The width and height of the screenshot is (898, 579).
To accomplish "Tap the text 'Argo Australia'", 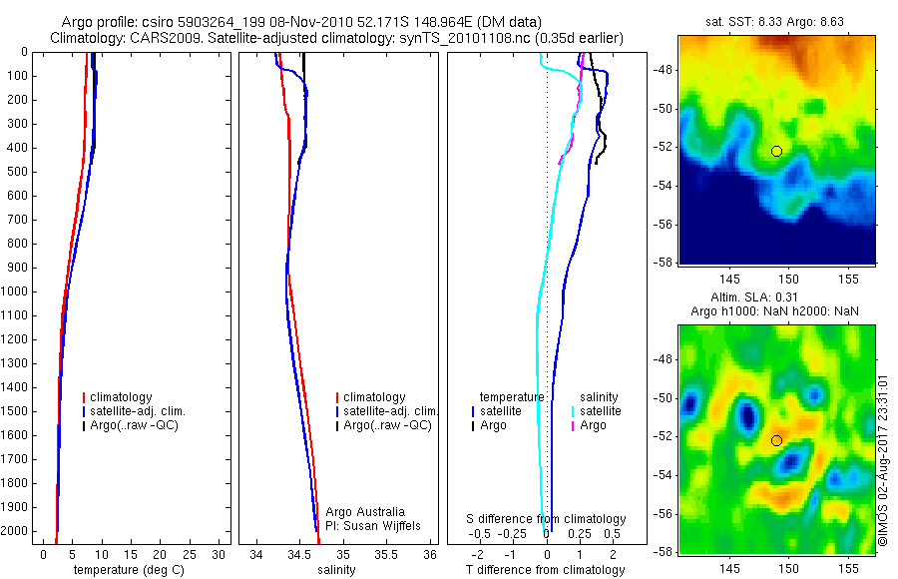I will click(365, 512).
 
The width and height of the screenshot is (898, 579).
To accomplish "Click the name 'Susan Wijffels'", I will click(381, 525).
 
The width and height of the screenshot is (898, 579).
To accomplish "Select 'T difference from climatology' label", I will click(545, 570).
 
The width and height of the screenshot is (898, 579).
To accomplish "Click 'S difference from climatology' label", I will click(547, 519).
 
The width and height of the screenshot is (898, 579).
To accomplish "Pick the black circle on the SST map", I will click(776, 151).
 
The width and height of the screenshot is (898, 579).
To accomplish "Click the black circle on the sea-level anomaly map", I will click(776, 440).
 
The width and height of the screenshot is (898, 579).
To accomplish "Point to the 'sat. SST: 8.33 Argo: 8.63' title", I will click(774, 19).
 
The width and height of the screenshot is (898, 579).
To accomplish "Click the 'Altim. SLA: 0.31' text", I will click(774, 299).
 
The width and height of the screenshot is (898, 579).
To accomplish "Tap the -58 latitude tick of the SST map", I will click(663, 262).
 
